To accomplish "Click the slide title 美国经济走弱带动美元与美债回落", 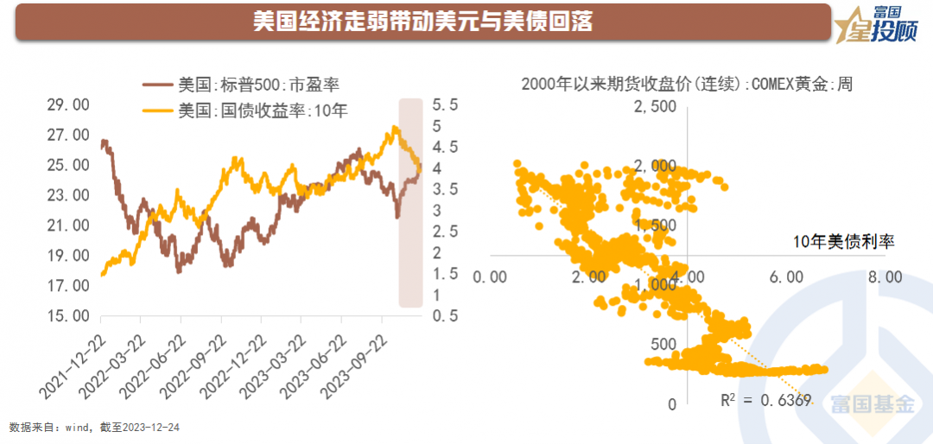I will (x=423, y=22).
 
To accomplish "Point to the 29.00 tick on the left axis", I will (x=68, y=105).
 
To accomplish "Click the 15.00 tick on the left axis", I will (x=68, y=316).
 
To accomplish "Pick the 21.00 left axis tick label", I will (x=68, y=225).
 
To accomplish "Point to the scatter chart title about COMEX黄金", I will (x=688, y=85).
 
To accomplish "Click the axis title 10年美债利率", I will (x=843, y=242).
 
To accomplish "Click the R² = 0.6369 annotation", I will (x=765, y=399).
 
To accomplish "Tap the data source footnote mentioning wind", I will (x=94, y=428).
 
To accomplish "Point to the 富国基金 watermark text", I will (x=872, y=403).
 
